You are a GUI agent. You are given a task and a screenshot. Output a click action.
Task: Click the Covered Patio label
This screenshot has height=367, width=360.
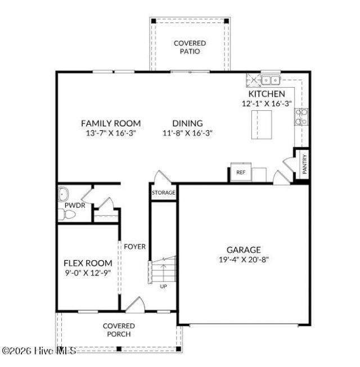point(190,47)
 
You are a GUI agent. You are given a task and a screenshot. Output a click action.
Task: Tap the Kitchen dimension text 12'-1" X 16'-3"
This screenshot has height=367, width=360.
point(267,103)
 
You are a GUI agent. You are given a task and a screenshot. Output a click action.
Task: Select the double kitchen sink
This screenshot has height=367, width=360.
point(271,80)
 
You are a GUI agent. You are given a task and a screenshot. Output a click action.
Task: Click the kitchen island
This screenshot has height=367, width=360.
point(262,125)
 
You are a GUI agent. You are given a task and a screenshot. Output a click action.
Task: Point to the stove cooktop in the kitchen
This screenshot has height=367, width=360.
point(301,117)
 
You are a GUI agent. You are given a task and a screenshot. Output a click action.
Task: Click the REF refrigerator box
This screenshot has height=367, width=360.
point(241,172)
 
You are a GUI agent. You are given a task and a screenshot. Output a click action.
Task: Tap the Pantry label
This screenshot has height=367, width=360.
point(304,164)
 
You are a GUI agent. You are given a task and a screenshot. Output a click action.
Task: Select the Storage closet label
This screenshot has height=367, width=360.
point(163,193)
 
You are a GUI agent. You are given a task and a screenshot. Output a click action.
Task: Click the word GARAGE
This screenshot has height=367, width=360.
point(244,250)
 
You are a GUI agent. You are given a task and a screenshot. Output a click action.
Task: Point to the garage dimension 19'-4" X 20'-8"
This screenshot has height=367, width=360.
point(244,260)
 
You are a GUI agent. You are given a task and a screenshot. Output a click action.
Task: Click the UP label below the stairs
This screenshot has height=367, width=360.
point(163,286)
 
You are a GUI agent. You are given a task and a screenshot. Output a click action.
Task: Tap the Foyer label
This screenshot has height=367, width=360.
point(134,247)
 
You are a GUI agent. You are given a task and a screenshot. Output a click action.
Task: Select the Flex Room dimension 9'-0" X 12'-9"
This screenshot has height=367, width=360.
point(88,273)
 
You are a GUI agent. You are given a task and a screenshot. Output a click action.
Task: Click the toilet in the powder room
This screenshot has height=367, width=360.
point(67,214)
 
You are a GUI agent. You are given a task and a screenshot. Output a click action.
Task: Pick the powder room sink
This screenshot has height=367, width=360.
point(63,194)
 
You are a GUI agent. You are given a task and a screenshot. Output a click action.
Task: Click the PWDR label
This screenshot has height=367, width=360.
point(75,206)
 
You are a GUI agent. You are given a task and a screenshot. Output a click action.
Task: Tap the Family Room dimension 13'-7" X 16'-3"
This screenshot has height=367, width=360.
point(111,133)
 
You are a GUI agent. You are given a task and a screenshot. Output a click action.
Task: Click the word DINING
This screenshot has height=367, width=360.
point(188,123)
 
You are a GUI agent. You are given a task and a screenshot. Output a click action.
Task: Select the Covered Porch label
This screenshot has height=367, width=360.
point(119,330)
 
